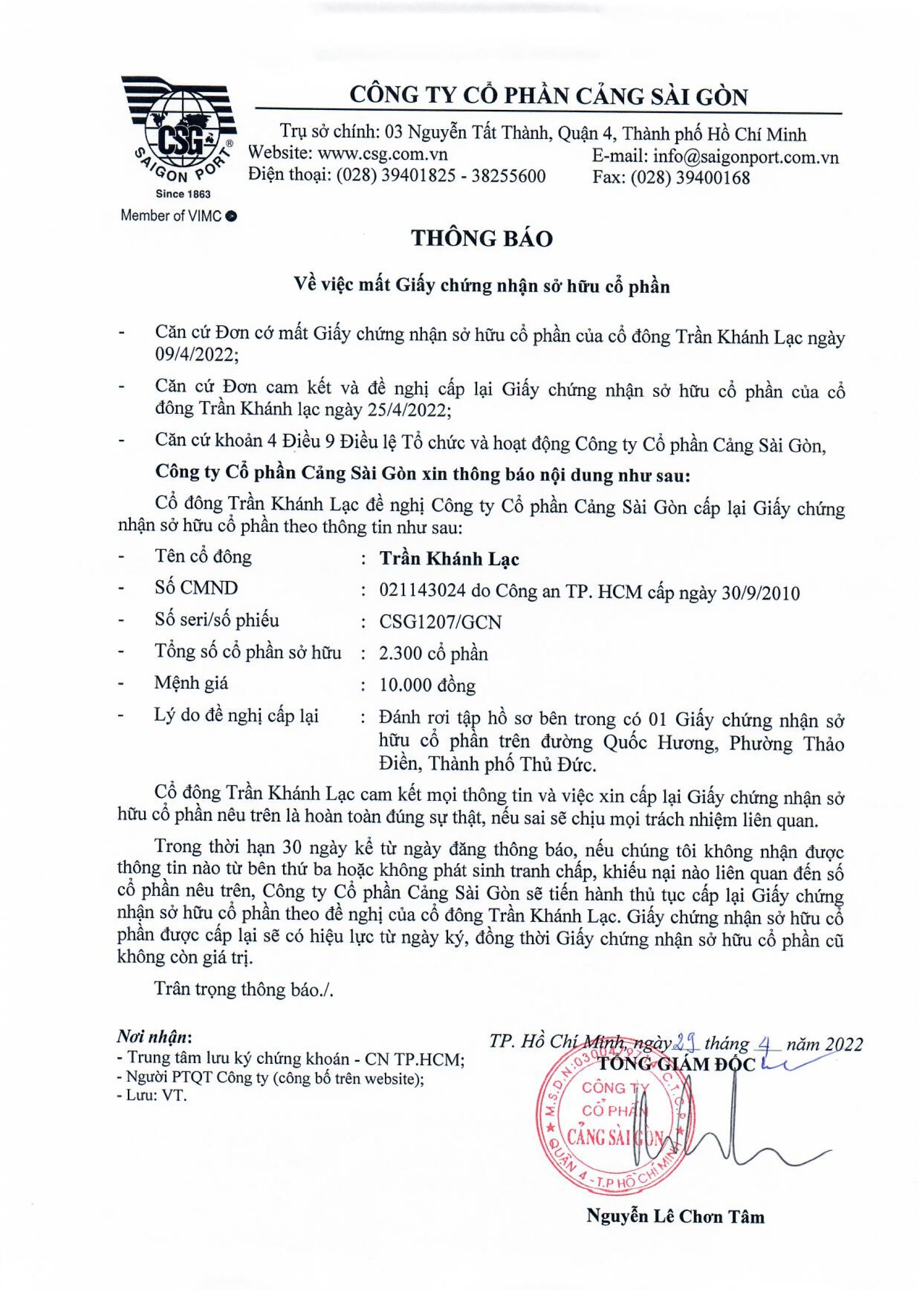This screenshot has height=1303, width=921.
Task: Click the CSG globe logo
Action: coord(177,130)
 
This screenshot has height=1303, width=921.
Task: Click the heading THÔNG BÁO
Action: coord(482,238)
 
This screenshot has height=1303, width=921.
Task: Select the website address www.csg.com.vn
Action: coord(382,154)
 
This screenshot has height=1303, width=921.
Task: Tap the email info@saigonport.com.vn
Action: coord(745,157)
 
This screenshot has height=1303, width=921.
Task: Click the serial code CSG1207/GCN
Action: coord(440,622)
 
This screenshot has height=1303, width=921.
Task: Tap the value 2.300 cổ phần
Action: coord(433,654)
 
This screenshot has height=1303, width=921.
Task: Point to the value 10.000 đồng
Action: coord(427,686)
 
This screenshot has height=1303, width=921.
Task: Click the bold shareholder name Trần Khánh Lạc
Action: coord(449,559)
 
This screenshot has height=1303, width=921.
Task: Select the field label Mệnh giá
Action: coord(191,683)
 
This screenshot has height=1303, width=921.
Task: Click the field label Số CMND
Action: coord(196,588)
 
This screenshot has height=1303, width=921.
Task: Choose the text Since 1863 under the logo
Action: coord(183,194)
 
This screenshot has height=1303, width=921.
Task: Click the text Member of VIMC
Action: coord(178,216)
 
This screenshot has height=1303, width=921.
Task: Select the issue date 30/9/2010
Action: coord(760,593)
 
